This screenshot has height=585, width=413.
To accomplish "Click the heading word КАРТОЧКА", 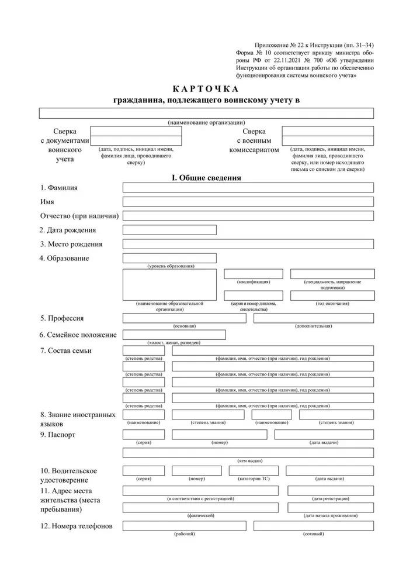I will tap(206, 89).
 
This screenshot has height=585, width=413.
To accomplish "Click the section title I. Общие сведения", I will tap(206, 177).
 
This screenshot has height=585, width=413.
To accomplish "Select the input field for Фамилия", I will tap(248, 188).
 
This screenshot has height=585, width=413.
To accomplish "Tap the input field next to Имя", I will tap(248, 202).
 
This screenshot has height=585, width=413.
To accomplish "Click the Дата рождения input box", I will tap(169, 230).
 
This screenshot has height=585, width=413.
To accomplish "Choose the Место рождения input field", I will tap(248, 244).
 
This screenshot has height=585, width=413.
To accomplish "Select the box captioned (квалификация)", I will tap(254, 274).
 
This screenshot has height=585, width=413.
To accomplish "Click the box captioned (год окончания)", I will tap(332, 295).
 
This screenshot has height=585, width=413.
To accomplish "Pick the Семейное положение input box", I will tap(174, 335).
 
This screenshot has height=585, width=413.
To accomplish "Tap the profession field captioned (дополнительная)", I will tap(314, 318).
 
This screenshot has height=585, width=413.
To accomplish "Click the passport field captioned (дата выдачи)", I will tap(324, 435).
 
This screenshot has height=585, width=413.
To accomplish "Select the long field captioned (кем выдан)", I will tap(248, 453).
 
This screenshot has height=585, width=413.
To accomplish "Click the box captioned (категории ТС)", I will tap(254, 471).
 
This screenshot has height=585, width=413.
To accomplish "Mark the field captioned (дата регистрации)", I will tap(330, 490).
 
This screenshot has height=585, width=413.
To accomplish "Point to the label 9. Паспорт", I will tap(58, 435).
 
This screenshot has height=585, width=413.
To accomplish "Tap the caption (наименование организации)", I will tap(206, 122).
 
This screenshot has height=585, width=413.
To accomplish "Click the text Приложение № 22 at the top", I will tap(286, 45).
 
